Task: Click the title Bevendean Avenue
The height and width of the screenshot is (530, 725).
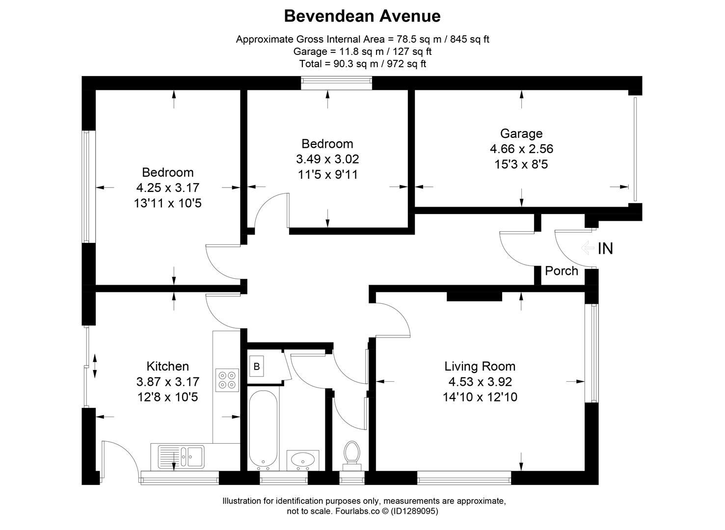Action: [362, 16]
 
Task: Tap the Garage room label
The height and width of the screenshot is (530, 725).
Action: [521, 133]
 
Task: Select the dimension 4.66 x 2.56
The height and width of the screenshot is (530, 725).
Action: [521, 149]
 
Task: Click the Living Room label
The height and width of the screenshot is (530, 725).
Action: [480, 366]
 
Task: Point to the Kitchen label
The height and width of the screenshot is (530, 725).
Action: [167, 366]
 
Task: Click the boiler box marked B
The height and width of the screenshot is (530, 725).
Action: [256, 366]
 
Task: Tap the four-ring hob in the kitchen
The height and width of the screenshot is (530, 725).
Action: [227, 380]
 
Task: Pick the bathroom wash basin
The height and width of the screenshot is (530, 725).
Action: [303, 460]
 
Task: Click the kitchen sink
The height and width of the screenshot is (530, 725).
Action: [181, 456]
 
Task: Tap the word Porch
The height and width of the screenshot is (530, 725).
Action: [562, 271]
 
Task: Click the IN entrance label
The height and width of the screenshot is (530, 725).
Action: [605, 249]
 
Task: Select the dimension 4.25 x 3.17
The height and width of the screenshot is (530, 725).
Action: [167, 187]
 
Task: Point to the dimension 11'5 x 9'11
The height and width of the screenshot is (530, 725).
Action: [327, 174]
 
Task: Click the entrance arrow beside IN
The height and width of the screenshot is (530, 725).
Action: [587, 248]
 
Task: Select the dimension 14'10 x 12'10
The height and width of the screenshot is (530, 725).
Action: [480, 397]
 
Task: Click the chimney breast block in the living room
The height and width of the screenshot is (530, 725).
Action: [474, 296]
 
